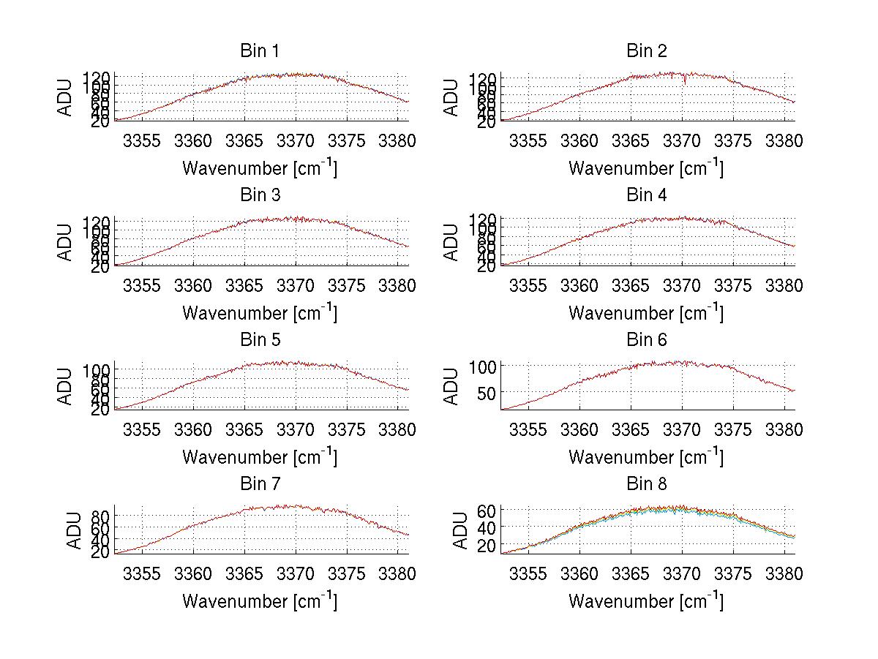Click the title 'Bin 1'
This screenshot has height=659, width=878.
click(x=259, y=50)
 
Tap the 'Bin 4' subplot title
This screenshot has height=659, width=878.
click(x=647, y=195)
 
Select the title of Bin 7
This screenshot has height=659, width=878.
click(x=259, y=483)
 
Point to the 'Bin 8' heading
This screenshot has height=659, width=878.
click(x=647, y=483)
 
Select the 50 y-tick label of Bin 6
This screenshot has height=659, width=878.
click(x=487, y=393)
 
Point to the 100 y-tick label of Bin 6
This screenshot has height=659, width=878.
click(x=483, y=365)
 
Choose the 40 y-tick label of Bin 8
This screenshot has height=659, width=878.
click(x=487, y=527)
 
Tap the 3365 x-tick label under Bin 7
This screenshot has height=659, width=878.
click(x=244, y=573)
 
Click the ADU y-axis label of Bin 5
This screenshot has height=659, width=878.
click(x=67, y=386)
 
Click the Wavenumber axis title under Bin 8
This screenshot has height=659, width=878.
click(x=646, y=601)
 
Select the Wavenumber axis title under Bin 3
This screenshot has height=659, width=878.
click(x=260, y=312)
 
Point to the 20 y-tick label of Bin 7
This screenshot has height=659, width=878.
click(x=101, y=552)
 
